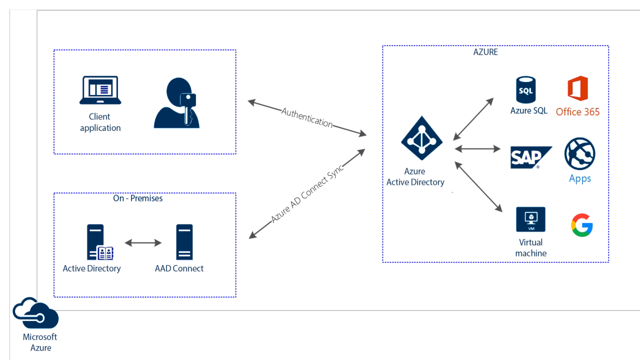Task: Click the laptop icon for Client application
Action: tap(100, 90)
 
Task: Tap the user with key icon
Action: tap(176, 103)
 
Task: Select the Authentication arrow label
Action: tap(307, 117)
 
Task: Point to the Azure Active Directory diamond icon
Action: tap(421, 138)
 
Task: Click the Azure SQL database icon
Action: tap(526, 89)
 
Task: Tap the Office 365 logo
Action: tap(577, 88)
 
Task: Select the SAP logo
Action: tap(530, 157)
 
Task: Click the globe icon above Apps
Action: tap(580, 154)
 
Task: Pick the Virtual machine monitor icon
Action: tap(530, 219)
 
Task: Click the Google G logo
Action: tap(582, 225)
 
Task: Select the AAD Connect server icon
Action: tap(184, 242)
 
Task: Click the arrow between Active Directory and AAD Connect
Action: tap(143, 243)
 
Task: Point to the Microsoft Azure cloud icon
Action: tap(36, 313)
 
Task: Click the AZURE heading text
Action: tap(485, 52)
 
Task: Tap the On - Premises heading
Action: tap(137, 198)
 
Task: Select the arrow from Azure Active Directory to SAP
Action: tap(477, 148)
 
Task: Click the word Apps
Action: tap(580, 178)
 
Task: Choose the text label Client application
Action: tap(100, 122)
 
